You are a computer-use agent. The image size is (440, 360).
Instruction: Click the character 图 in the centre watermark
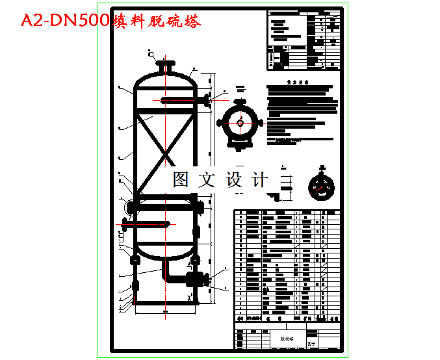181,179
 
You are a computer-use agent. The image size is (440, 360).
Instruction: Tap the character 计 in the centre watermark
259,179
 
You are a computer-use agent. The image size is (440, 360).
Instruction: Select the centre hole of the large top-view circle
240,123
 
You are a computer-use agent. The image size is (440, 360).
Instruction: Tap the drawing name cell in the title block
287,339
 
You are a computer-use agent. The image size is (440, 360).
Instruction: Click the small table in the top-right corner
304,38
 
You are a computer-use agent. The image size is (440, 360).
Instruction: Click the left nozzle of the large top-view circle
220,123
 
